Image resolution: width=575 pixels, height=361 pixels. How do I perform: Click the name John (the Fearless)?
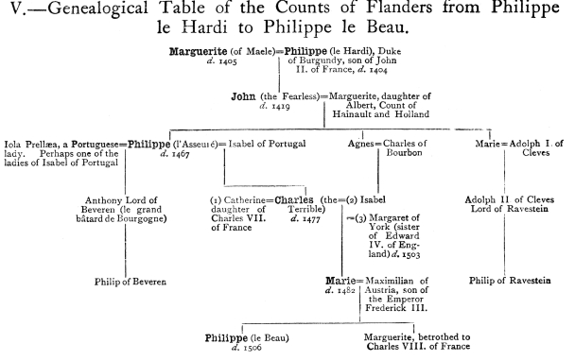275,96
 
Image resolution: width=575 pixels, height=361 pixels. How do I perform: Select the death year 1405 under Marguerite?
228,61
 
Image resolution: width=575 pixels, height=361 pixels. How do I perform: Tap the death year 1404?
377,70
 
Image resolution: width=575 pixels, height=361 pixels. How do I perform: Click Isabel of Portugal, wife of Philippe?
267,144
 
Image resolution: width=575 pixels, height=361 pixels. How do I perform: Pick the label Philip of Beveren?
131,282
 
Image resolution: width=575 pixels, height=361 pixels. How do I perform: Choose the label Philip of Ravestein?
510,281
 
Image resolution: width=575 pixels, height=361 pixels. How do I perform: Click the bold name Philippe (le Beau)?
247,338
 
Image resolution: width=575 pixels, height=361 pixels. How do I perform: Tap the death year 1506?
253,348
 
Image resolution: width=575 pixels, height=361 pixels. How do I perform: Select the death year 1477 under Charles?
311,219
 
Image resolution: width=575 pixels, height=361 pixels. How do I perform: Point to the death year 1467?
181,154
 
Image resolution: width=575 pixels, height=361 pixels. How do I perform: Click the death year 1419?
281,106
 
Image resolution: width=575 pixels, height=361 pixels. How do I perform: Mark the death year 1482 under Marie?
346,291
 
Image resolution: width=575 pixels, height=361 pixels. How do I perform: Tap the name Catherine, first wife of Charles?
244,200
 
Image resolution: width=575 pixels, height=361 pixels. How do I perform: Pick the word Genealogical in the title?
98,9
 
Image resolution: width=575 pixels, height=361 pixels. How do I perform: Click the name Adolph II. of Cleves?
510,200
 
